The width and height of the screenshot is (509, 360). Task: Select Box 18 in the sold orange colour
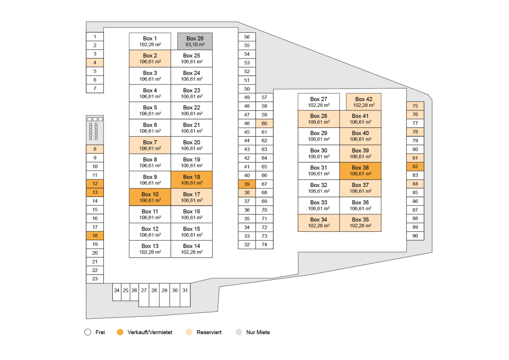(191, 180)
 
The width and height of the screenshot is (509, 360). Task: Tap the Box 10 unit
(150, 197)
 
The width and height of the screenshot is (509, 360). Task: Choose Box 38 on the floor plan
(360, 171)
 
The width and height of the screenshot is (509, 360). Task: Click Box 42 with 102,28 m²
(363, 102)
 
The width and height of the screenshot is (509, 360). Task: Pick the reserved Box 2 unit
(150, 59)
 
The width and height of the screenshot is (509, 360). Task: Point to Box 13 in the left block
(150, 249)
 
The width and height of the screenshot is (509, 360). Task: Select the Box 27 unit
(319, 102)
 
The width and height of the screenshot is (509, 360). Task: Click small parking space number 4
(94, 63)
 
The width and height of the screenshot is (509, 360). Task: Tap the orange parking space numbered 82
(415, 167)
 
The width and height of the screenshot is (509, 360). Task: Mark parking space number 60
(264, 123)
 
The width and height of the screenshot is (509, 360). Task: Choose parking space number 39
(247, 184)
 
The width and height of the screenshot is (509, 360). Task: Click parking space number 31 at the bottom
(184, 290)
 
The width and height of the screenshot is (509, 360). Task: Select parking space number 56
(247, 37)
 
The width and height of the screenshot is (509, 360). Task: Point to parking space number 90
(415, 236)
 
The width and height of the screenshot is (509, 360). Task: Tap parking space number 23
(94, 279)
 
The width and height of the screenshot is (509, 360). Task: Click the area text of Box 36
(360, 209)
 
